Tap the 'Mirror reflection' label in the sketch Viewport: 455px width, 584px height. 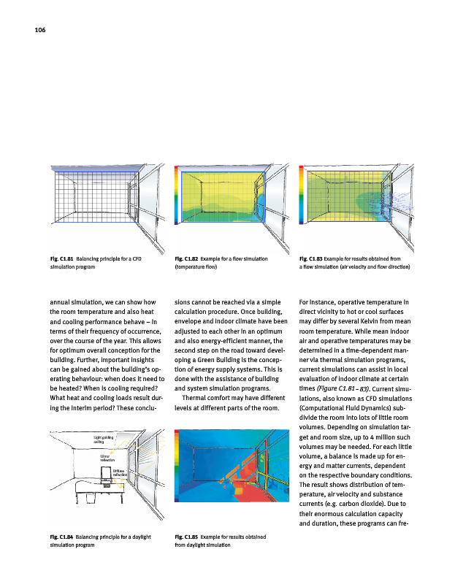[108, 459]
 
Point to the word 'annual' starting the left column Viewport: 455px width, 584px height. [62, 301]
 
